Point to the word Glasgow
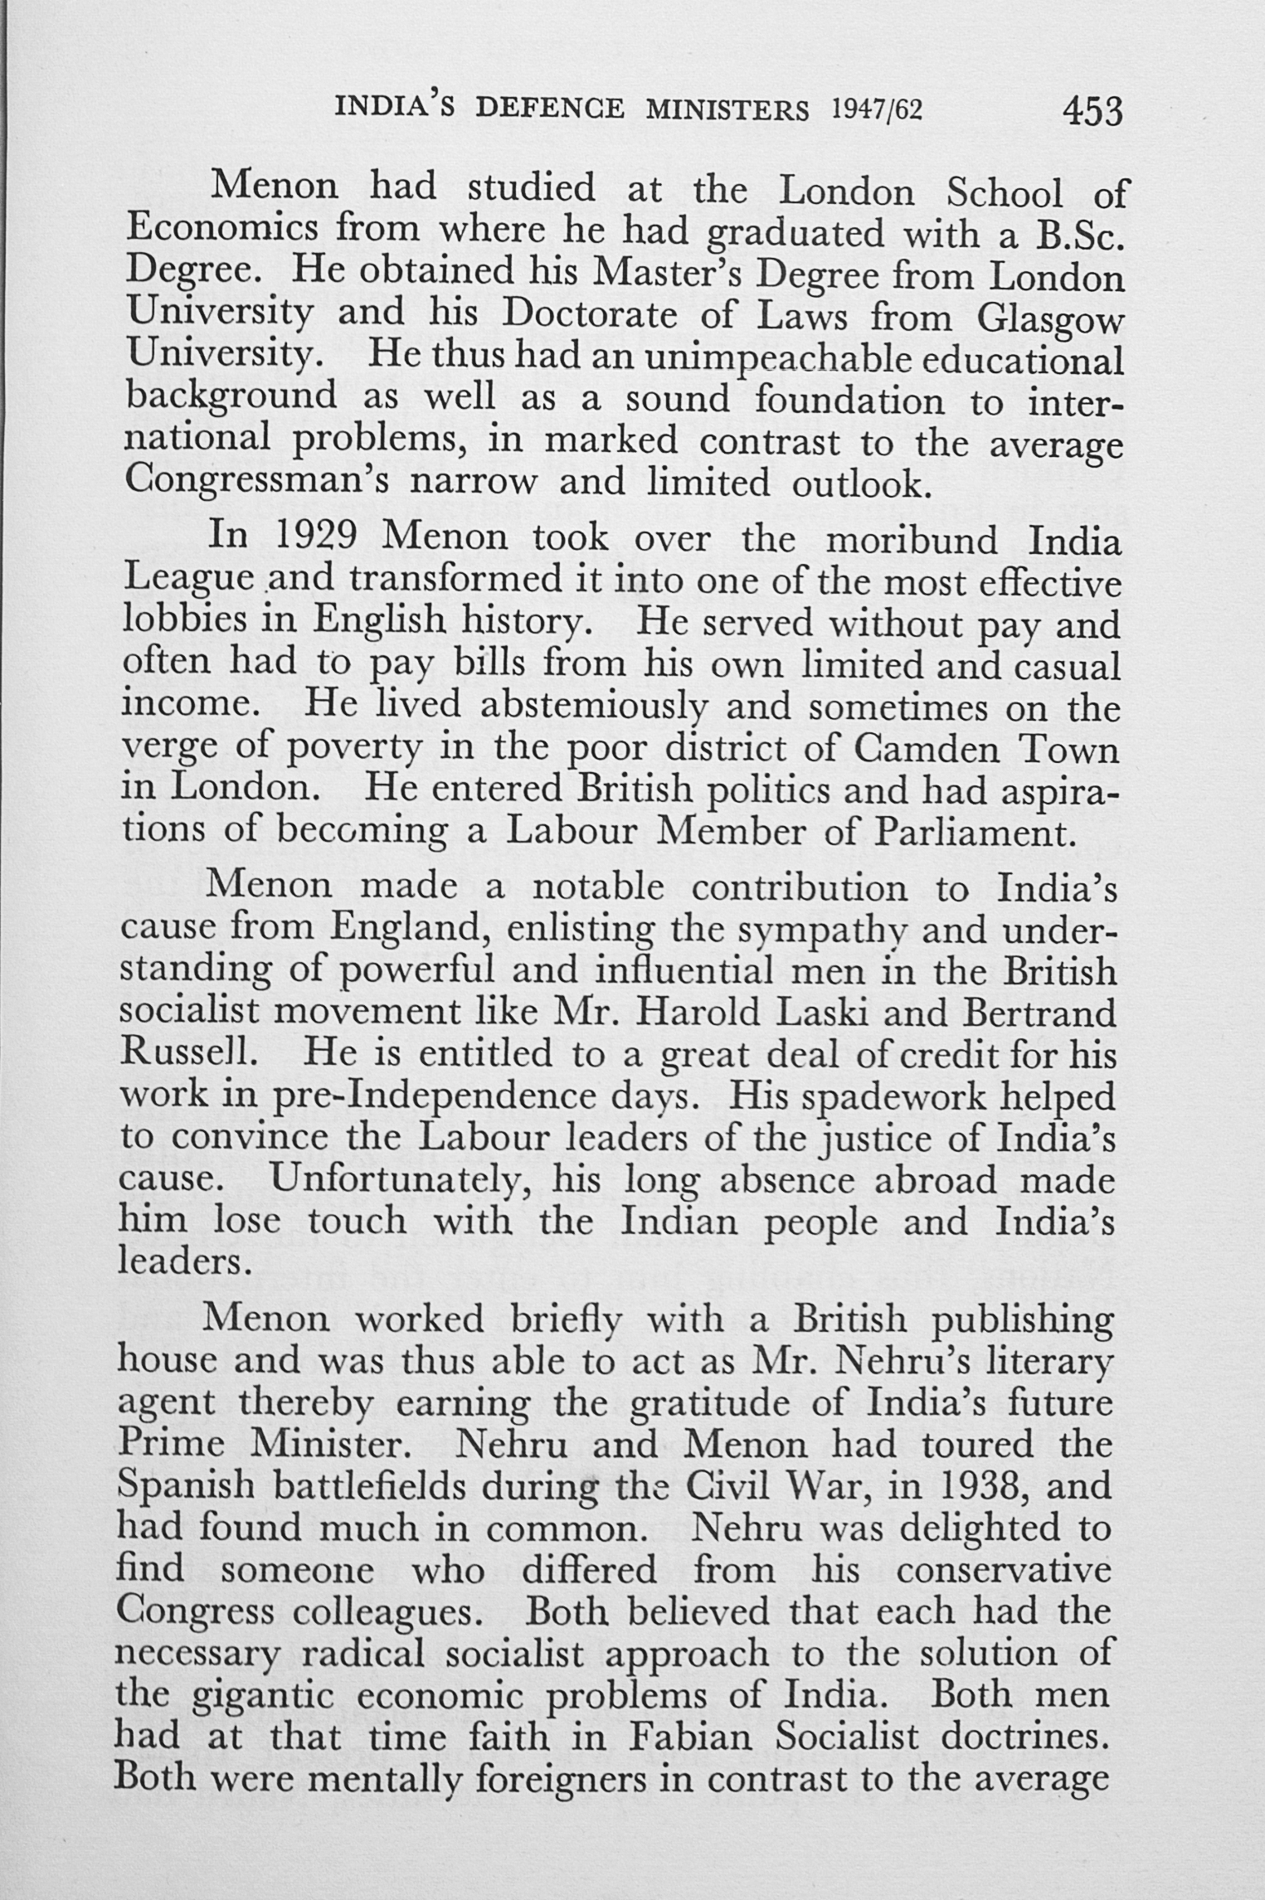pyautogui.click(x=1051, y=318)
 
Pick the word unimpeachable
pyautogui.click(x=779, y=360)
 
